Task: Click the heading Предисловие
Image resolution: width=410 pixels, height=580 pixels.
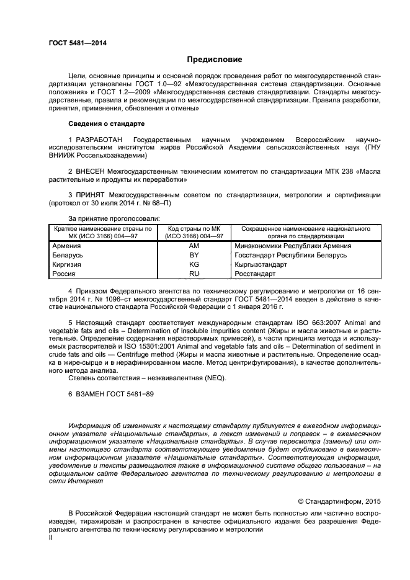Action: pyautogui.click(x=215, y=60)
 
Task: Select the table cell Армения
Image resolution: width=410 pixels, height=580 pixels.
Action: pyautogui.click(x=68, y=246)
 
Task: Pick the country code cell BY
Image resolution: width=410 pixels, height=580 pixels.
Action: pyautogui.click(x=194, y=255)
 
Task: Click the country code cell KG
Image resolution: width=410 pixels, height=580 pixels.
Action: pyautogui.click(x=194, y=264)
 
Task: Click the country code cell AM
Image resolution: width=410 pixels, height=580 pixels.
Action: pyautogui.click(x=194, y=246)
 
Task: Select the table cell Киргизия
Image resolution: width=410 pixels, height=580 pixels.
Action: pyautogui.click(x=68, y=264)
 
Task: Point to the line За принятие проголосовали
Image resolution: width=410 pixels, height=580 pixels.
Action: pyautogui.click(x=114, y=218)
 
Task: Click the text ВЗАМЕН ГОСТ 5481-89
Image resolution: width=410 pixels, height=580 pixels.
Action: pyautogui.click(x=114, y=394)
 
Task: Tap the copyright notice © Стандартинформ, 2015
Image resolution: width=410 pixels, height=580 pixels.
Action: pyautogui.click(x=339, y=500)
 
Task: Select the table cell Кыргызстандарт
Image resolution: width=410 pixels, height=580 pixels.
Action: pyautogui.click(x=262, y=264)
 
